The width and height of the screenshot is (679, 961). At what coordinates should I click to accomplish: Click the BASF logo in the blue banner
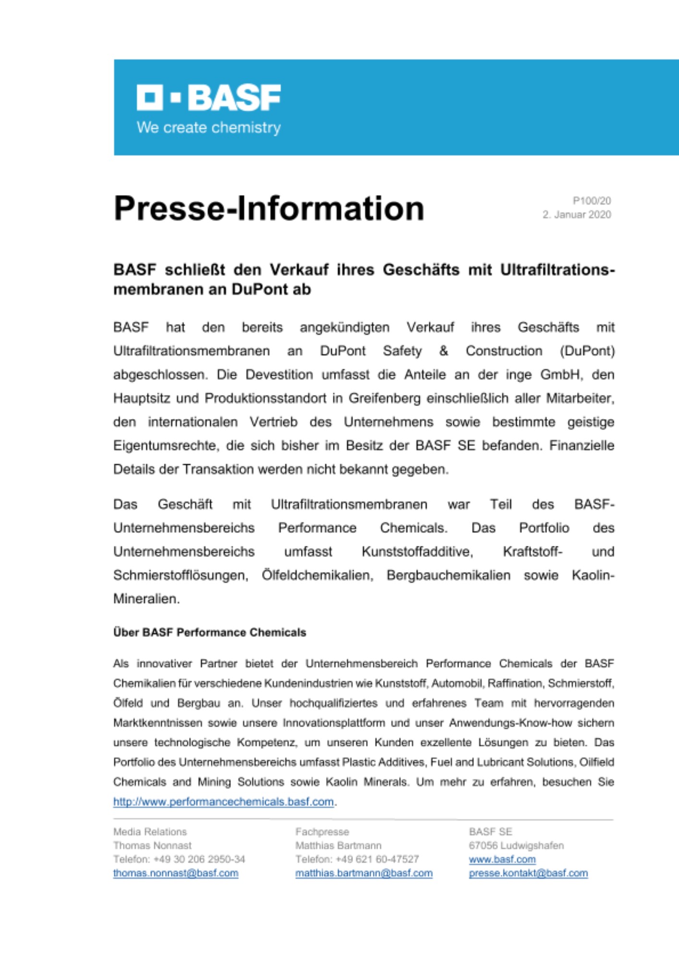[208, 98]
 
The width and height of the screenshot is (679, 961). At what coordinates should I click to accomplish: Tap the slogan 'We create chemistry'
[208, 128]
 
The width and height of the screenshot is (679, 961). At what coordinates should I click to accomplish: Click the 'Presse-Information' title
[268, 209]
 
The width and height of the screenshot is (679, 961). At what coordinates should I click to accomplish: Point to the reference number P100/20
[591, 201]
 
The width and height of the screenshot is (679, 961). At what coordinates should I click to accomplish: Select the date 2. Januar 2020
[576, 215]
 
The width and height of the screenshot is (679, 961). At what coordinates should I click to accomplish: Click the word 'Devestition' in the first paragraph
[279, 375]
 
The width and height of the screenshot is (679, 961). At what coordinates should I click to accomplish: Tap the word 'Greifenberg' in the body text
[384, 398]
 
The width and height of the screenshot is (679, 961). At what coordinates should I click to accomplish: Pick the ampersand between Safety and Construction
[443, 351]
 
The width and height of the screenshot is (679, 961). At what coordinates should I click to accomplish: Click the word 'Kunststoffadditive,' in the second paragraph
[417, 552]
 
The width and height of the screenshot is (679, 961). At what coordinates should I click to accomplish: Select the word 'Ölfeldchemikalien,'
[317, 575]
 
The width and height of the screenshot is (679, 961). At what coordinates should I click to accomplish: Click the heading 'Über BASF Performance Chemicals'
[209, 632]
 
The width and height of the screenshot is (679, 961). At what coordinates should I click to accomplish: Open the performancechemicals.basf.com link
[223, 802]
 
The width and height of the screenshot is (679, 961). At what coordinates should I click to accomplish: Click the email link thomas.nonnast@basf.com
[176, 873]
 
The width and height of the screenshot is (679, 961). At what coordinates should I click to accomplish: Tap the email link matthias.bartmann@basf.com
[364, 873]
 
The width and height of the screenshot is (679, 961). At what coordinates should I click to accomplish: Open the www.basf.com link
[502, 859]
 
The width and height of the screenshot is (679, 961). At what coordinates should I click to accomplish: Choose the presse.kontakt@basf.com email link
[528, 873]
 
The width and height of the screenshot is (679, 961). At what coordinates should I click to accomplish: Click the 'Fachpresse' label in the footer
[322, 832]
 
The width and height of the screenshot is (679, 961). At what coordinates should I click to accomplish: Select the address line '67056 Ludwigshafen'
[516, 846]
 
